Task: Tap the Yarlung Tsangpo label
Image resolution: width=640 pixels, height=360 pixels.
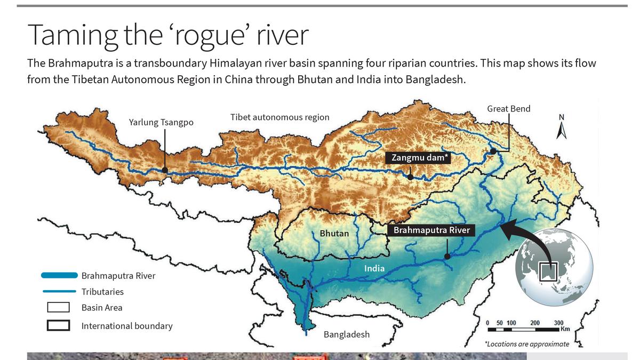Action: [x=161, y=123]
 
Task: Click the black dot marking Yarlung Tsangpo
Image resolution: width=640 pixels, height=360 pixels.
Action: [x=165, y=170]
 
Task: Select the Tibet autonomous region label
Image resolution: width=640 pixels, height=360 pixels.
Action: [x=279, y=117]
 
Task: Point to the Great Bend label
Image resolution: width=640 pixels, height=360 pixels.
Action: [x=508, y=109]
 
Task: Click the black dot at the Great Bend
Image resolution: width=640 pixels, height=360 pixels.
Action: [x=493, y=151]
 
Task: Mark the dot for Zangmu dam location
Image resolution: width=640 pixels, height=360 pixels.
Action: [x=410, y=177]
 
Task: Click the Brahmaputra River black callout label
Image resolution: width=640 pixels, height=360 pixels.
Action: [x=431, y=230]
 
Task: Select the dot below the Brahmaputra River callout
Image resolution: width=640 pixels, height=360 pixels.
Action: [x=447, y=256]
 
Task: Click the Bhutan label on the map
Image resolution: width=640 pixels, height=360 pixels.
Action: [x=334, y=234]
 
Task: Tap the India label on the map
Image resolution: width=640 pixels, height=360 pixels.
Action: [x=374, y=268]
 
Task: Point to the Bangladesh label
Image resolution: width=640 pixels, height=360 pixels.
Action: [x=346, y=334]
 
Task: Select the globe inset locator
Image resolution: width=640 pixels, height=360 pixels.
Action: [x=554, y=267]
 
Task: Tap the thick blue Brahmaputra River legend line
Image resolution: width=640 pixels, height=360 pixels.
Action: [x=59, y=276]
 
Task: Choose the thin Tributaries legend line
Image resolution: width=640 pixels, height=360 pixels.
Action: [x=59, y=292]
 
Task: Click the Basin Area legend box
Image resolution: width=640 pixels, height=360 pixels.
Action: [x=58, y=308]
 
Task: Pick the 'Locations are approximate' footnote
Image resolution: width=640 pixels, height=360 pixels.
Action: [x=526, y=344]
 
